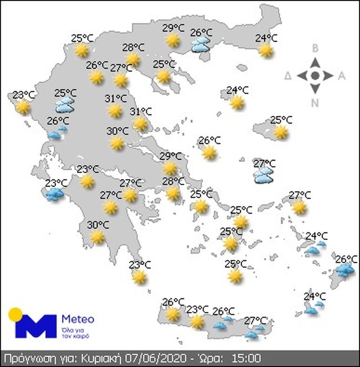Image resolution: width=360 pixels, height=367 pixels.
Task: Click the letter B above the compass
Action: pyautogui.click(x=315, y=49)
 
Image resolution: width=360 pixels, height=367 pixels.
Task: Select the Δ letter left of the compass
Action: pyautogui.click(x=288, y=76)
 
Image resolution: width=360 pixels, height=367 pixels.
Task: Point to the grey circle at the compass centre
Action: pyautogui.click(x=315, y=75)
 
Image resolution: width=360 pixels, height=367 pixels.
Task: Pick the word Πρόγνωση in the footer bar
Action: pyautogui.click(x=26, y=358)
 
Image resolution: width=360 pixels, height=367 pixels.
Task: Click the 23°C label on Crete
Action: pyautogui.click(x=197, y=309)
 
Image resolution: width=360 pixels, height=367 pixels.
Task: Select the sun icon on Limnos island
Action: pyautogui.click(x=237, y=102)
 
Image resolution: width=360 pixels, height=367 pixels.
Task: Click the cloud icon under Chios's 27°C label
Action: pyautogui.click(x=262, y=175)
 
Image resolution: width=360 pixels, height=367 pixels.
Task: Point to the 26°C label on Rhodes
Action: pyautogui.click(x=347, y=259)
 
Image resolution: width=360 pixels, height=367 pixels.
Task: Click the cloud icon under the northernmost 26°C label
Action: pyautogui.click(x=200, y=45)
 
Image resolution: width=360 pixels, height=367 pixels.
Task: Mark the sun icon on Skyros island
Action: pyautogui.click(x=209, y=152)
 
